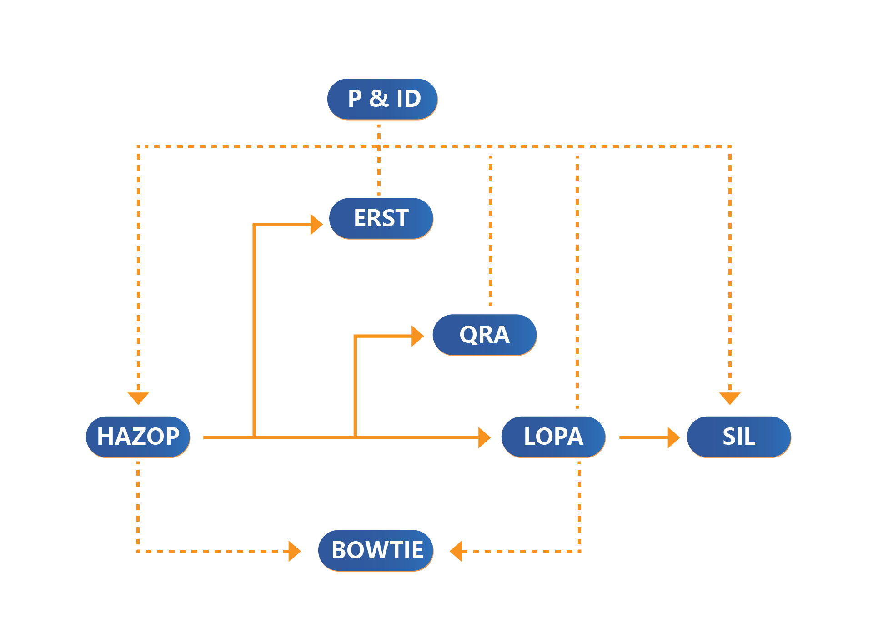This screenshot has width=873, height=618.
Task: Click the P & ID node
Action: coord(382,99)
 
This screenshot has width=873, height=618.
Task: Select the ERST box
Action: coord(381,218)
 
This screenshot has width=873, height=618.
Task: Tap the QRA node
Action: coord(484,335)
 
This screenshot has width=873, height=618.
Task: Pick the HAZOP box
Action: coord(138,437)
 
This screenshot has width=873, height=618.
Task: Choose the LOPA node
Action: coord(553,437)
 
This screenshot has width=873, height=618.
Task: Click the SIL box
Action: coord(739,437)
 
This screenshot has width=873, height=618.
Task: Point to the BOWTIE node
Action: coord(376,550)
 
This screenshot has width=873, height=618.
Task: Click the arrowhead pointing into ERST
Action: coord(316,224)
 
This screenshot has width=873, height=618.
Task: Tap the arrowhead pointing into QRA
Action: coord(417,336)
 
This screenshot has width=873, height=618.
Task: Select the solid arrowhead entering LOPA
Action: coord(484,437)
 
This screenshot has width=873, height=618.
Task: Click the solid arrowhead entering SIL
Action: coord(673,437)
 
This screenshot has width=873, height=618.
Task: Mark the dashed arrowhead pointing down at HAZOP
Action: coord(138,398)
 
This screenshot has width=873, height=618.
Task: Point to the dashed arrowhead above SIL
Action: coord(730,398)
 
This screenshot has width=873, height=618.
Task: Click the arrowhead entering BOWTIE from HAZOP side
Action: coord(294,551)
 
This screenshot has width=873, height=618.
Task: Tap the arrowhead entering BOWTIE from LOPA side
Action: coord(456,551)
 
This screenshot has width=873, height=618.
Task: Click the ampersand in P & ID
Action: coord(379,98)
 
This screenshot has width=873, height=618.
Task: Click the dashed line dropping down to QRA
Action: coord(491,227)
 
